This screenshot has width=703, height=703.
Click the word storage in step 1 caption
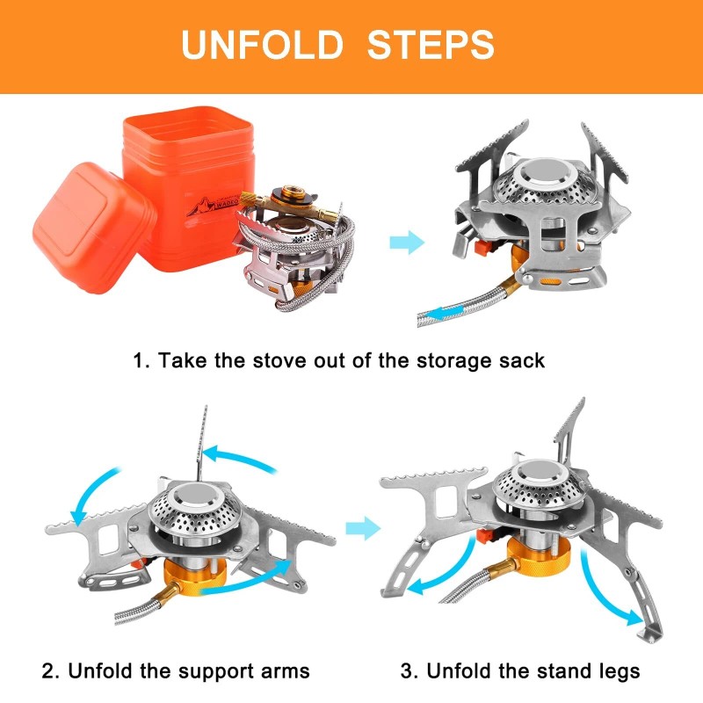[x=419, y=361]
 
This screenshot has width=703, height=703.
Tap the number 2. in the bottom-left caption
[x=51, y=671]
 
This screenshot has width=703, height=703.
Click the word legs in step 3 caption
[x=613, y=671]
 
